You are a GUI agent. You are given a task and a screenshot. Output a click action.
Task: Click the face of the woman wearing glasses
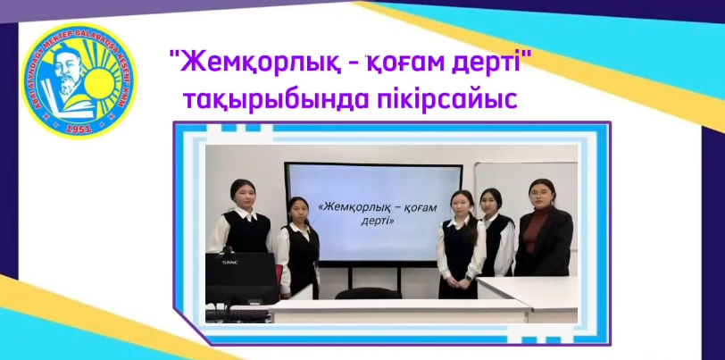coord(542,191)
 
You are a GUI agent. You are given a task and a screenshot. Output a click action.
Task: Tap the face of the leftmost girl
coord(240,191)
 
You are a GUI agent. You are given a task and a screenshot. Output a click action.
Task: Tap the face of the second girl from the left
coord(297,208)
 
